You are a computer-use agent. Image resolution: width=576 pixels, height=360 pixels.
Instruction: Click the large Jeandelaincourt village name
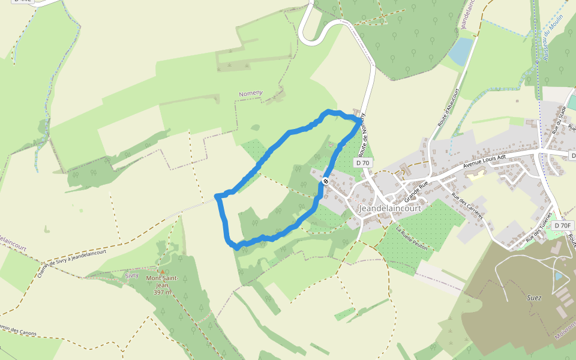[389, 208]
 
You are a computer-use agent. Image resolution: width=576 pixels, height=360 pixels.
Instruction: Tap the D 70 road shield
[362, 163]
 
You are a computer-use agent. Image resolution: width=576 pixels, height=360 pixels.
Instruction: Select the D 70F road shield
[563, 225]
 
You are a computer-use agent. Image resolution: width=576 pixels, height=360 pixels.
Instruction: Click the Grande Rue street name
[418, 190]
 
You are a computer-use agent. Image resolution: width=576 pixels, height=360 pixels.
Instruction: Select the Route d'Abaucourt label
[448, 107]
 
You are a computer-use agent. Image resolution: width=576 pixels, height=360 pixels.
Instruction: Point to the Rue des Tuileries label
[538, 227]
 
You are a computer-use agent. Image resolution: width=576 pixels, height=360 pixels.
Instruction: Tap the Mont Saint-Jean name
[162, 281]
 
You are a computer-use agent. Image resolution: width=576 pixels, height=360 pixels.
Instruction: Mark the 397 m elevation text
[162, 292]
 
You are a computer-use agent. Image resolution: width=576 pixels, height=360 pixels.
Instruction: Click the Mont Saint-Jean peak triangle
[161, 272]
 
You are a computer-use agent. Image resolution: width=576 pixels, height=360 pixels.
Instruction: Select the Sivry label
[132, 275]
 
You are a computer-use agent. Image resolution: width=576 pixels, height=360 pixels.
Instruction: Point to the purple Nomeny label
[251, 93]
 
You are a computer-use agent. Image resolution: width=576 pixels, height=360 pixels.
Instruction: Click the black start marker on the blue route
[326, 181]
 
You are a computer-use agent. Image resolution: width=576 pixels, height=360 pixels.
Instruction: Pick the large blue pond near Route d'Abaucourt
[461, 52]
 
